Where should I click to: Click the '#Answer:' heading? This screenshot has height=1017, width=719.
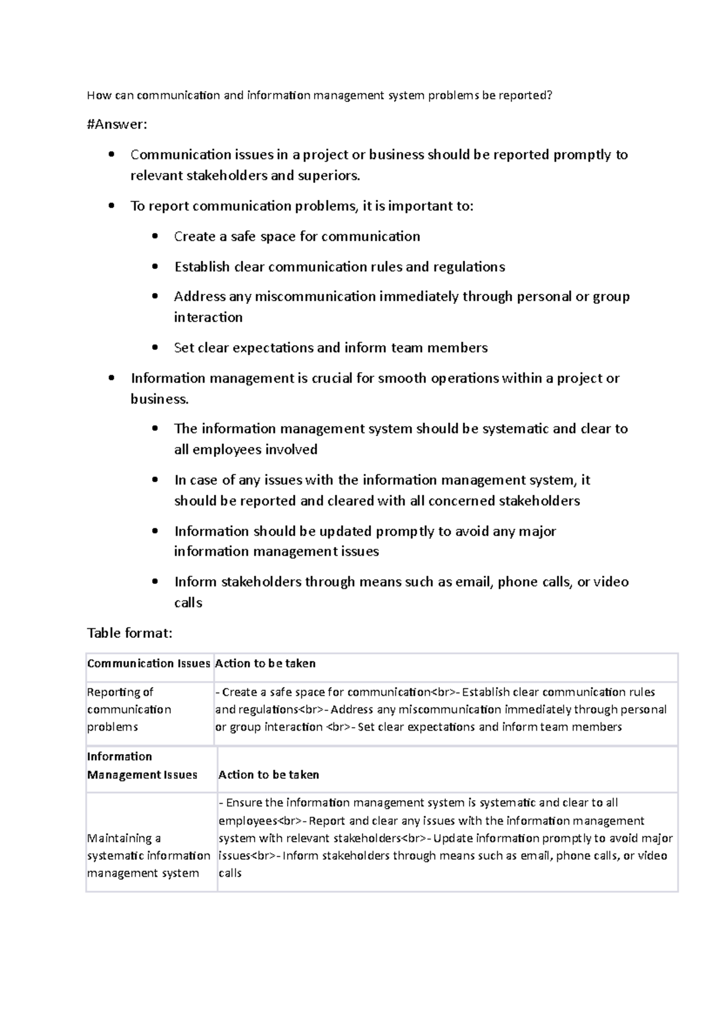(x=116, y=125)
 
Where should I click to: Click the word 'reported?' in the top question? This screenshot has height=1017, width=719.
(x=527, y=95)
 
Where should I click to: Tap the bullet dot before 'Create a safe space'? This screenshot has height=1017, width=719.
(x=155, y=236)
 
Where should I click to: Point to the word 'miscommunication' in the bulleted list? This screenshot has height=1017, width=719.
(x=315, y=296)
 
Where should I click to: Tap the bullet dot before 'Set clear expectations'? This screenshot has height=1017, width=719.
(x=155, y=347)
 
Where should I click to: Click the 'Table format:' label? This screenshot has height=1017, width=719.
(x=129, y=633)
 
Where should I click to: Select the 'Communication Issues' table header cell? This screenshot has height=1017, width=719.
(x=148, y=663)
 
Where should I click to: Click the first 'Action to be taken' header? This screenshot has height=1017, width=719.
(x=265, y=663)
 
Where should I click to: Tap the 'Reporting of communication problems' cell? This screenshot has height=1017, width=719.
(x=129, y=709)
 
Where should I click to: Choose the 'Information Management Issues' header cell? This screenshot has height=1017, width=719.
(x=142, y=765)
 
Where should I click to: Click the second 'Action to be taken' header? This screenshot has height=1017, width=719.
(x=268, y=774)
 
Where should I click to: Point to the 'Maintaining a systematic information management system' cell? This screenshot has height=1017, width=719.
(x=148, y=855)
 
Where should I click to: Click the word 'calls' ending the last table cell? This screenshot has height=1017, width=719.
(x=229, y=873)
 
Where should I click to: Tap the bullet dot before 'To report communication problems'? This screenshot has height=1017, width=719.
(x=111, y=205)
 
